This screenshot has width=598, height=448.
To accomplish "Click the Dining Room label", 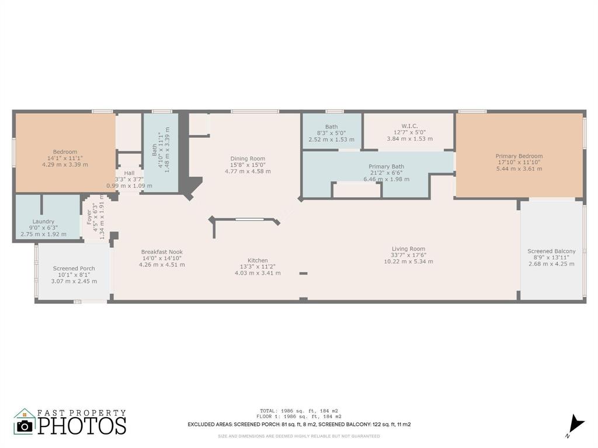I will [x=248, y=159].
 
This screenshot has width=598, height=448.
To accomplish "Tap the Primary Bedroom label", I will [x=519, y=156].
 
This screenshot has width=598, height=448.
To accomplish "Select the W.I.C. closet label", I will [x=409, y=126].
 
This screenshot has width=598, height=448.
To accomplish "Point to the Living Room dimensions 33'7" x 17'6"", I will [x=408, y=255].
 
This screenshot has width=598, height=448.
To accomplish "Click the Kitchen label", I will [x=258, y=261].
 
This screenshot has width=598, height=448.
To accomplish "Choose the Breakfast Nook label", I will [x=162, y=252].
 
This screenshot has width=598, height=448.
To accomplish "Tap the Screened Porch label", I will [x=74, y=269].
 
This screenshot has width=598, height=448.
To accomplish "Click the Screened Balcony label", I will [x=551, y=251].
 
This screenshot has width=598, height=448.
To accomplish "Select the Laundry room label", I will [x=43, y=222].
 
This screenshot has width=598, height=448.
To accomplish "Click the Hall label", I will [x=129, y=173].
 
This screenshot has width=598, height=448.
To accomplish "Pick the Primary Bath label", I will [x=386, y=167].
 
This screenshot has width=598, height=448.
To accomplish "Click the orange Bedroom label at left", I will [x=64, y=152].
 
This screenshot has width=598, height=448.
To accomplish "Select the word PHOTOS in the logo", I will [x=82, y=425].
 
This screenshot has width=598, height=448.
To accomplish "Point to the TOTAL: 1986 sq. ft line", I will [x=298, y=411].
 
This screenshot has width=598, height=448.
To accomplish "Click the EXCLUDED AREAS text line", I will [x=298, y=425].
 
